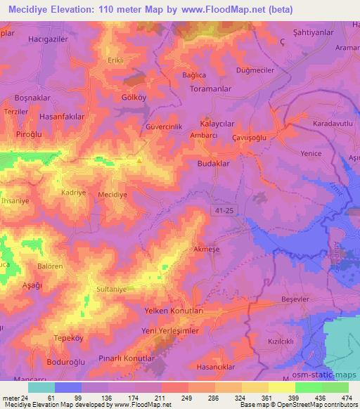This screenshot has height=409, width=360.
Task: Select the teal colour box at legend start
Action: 41,387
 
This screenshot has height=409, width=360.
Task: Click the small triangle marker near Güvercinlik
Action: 139,159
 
